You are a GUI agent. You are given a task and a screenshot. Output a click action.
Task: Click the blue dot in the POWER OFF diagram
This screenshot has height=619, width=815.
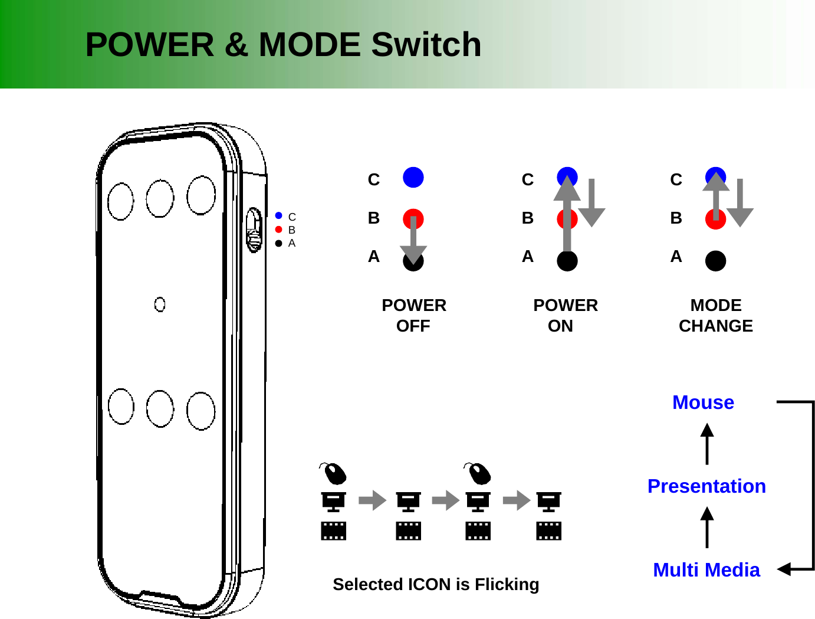(413, 177)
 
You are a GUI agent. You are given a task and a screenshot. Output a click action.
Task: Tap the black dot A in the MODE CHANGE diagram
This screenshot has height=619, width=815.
(715, 261)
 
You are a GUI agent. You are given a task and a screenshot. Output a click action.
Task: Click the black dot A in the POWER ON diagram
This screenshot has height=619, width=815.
(567, 261)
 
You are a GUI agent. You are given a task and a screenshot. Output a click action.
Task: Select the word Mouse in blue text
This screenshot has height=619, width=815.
(703, 402)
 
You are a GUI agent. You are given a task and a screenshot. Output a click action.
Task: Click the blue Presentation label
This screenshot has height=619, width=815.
(706, 486)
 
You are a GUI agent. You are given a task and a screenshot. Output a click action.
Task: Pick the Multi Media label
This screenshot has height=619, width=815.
(706, 570)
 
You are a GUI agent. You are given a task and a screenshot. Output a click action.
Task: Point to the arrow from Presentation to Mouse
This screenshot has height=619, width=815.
(707, 444)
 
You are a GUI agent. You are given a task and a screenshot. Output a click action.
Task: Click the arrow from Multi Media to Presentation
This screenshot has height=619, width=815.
(707, 528)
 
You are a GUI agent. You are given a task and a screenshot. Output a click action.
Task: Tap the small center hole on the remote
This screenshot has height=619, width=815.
(160, 304)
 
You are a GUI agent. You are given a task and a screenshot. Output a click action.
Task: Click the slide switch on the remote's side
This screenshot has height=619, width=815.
(254, 230)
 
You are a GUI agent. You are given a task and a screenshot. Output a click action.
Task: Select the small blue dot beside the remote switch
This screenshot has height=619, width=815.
(279, 216)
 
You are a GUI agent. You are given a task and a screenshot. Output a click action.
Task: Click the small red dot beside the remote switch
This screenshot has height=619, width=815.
(279, 230)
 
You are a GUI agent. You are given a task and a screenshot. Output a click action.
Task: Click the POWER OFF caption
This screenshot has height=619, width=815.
(413, 316)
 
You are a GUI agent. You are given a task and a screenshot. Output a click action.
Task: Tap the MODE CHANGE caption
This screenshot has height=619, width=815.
(715, 316)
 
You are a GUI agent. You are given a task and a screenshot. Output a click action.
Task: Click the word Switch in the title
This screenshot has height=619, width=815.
(426, 45)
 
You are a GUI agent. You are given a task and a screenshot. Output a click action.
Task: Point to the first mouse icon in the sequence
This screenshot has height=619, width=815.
(334, 473)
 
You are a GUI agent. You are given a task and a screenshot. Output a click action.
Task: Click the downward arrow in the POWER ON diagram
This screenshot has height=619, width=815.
(591, 203)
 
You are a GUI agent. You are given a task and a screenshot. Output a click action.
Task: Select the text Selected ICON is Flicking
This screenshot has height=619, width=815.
(436, 584)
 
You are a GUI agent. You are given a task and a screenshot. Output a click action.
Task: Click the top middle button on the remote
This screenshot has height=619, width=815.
(160, 198)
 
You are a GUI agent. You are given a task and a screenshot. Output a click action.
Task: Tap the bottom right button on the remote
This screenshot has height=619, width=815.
(201, 411)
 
